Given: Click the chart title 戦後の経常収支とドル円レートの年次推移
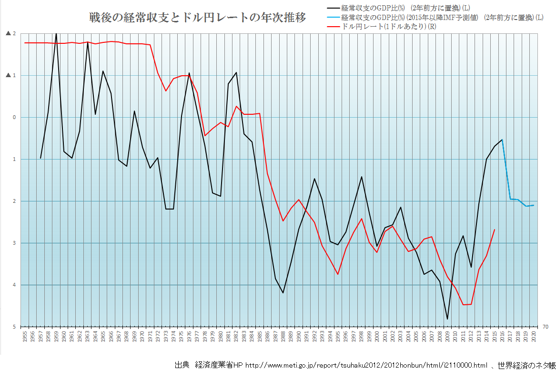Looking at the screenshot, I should [197, 18].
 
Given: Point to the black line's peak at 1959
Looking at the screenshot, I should [56, 33].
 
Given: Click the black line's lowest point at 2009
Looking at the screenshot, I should [447, 319].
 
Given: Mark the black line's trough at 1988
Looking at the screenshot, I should [283, 293].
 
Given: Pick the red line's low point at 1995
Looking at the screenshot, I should [338, 274].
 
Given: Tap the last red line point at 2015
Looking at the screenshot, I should [495, 230].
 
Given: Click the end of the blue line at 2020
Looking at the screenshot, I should [534, 205].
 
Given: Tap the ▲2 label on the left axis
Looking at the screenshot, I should [10, 34].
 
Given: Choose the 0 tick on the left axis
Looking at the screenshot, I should [14, 117].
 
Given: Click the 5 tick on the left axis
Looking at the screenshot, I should [14, 327].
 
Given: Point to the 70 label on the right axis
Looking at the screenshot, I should [545, 327].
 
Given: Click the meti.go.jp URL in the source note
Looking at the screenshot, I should [366, 365].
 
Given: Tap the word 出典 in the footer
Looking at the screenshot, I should [182, 365].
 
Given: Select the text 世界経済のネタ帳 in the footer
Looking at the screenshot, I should [527, 365].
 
